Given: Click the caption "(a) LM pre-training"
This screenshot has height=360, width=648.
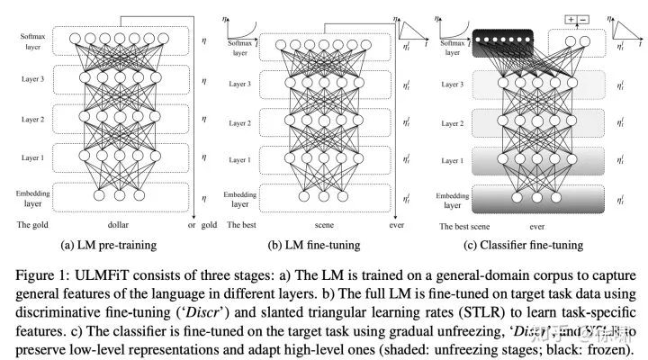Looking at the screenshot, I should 105,245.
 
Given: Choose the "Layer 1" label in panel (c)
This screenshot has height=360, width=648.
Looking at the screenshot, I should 453,160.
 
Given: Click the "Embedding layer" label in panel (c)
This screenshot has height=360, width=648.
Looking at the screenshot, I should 453,198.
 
